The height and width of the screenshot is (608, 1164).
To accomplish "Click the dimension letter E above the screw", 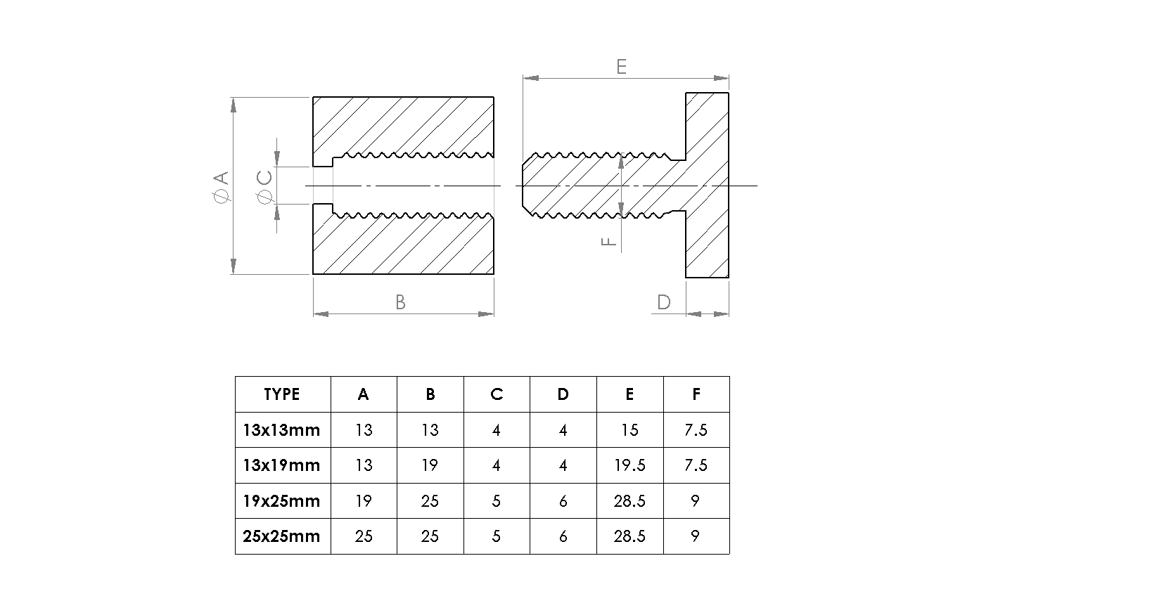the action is (621, 67).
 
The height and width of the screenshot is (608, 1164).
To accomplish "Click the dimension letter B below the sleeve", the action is (400, 302).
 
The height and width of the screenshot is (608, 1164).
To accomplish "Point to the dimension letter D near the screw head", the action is (663, 302).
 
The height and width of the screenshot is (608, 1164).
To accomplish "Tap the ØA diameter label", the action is (222, 187).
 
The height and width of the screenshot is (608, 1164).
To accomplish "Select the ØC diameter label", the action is (264, 187).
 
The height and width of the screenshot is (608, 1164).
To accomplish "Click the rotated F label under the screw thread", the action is (608, 241).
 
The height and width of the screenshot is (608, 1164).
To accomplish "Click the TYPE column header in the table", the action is (281, 394).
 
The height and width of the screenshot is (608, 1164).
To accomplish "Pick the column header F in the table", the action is (696, 394).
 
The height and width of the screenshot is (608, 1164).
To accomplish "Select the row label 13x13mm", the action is (281, 430).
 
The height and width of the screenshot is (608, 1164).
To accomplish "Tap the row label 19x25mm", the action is (281, 501).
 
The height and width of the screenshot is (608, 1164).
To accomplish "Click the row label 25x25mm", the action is (281, 536).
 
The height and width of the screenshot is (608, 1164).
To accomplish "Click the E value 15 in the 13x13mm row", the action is (629, 430).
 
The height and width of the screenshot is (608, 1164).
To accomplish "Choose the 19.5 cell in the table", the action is (629, 465).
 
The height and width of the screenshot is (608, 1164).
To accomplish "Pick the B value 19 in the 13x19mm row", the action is (430, 465).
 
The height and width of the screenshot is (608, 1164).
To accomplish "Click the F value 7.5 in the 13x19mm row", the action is (696, 465).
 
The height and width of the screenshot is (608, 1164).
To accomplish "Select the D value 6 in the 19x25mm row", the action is (563, 501).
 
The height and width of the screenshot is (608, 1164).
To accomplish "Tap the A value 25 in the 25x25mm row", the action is (364, 536).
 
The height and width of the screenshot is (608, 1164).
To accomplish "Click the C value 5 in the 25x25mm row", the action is (497, 536).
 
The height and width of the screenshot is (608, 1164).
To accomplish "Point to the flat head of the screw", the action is (708, 186).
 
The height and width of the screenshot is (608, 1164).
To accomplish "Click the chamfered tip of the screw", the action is (527, 186).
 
